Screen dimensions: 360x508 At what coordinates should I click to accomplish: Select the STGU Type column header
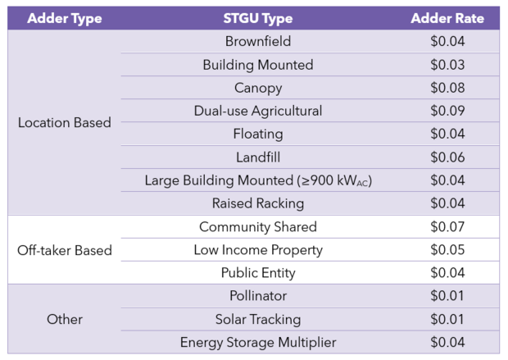257,18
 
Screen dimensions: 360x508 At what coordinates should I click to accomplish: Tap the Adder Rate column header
447,18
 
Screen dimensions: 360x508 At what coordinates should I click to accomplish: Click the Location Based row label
64,123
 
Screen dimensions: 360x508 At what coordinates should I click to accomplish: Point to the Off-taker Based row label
64,250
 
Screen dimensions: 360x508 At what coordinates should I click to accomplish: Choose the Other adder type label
64,319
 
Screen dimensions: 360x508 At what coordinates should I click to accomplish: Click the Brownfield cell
257,41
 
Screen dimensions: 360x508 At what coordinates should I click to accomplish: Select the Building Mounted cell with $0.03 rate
257,65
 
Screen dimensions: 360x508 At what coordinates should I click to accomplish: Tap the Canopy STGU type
257,88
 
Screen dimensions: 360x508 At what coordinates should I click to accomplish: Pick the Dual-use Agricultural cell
257,111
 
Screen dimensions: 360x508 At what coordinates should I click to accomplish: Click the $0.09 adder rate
447,111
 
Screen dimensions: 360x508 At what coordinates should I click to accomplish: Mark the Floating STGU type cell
257,134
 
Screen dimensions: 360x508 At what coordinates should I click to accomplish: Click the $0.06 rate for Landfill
447,157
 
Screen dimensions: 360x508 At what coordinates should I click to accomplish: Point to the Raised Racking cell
257,203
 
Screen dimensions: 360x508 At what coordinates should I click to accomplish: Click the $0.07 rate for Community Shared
447,227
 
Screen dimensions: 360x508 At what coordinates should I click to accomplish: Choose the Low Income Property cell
257,250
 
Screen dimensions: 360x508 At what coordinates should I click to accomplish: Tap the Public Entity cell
257,273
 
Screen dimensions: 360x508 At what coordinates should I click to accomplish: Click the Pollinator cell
257,296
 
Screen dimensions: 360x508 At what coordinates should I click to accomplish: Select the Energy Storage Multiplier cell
257,342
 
